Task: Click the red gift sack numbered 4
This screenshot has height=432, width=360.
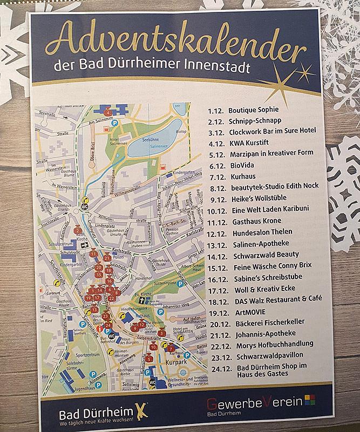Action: pos(108,112)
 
